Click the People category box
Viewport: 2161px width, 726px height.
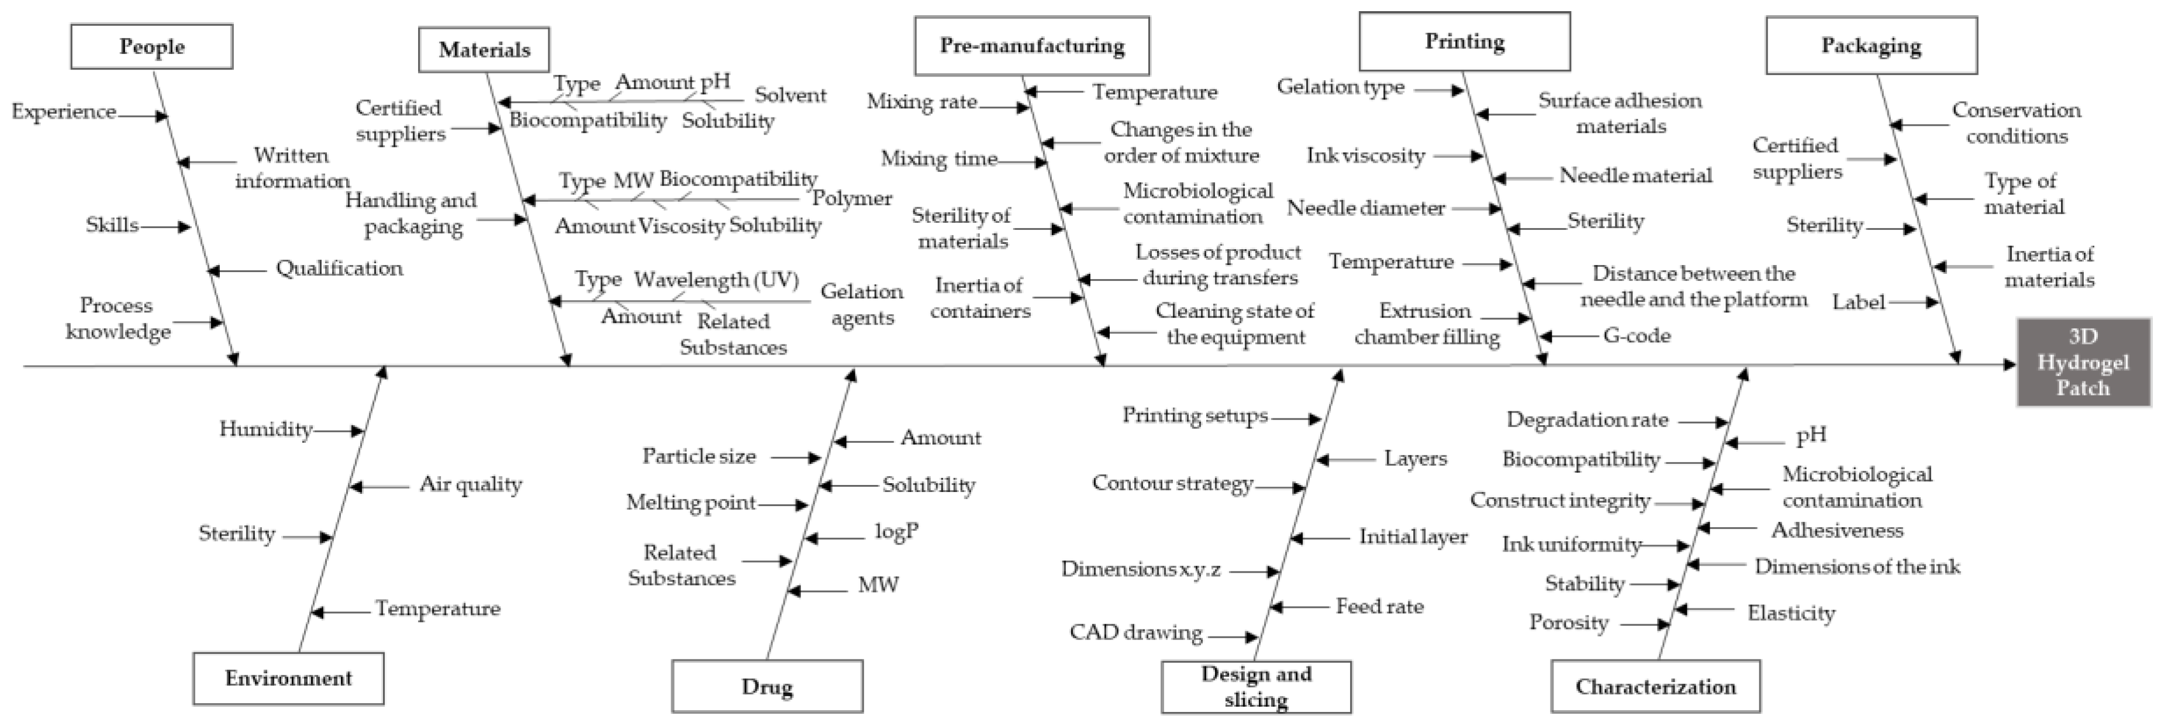(x=152, y=46)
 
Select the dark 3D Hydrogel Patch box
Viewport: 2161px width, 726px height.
(x=2083, y=363)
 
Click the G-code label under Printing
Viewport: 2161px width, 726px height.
(x=1636, y=336)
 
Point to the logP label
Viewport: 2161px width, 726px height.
(x=896, y=531)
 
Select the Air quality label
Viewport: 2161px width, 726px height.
(x=471, y=484)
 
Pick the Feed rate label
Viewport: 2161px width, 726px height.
(x=1379, y=606)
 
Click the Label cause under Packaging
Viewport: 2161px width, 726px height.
(x=1858, y=301)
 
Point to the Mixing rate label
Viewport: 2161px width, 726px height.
(x=921, y=102)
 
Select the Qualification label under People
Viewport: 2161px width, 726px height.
(x=339, y=269)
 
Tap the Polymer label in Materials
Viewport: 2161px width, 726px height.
(x=851, y=199)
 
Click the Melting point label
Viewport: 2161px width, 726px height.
(x=691, y=503)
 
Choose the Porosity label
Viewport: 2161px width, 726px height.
(x=1568, y=623)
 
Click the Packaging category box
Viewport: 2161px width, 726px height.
(x=1871, y=45)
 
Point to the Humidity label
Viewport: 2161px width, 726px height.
(x=265, y=429)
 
